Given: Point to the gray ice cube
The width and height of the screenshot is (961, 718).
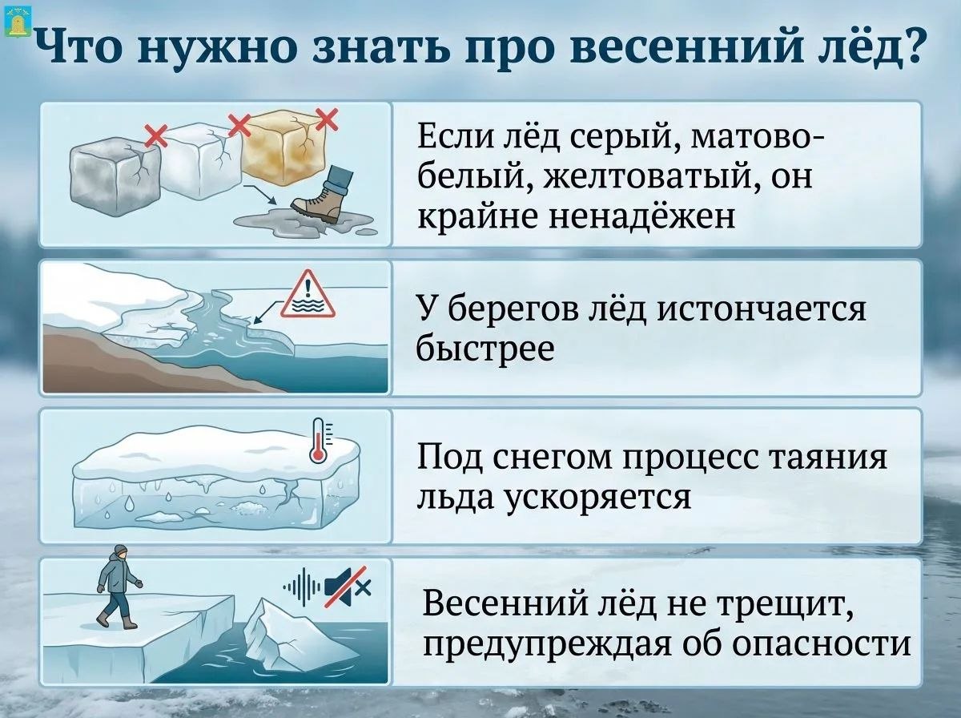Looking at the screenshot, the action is pyautogui.click(x=115, y=176).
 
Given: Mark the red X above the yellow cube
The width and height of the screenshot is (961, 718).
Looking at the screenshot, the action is pyautogui.click(x=328, y=119).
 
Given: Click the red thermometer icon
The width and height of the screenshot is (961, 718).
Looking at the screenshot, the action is pyautogui.click(x=320, y=440).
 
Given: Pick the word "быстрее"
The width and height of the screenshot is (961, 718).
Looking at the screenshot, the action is pyautogui.click(x=485, y=349).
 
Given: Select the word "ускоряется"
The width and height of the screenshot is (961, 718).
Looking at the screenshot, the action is pyautogui.click(x=598, y=498).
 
